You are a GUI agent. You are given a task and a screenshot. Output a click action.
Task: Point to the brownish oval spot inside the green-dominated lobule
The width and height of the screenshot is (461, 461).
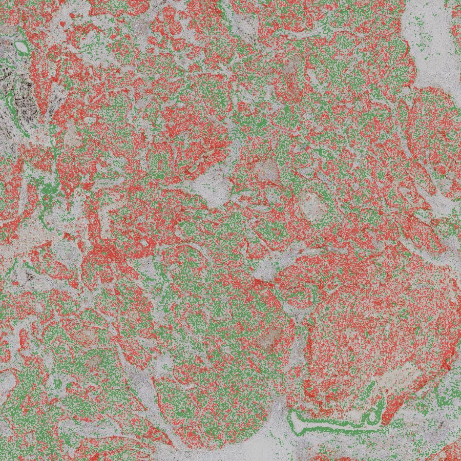(94, 362)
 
